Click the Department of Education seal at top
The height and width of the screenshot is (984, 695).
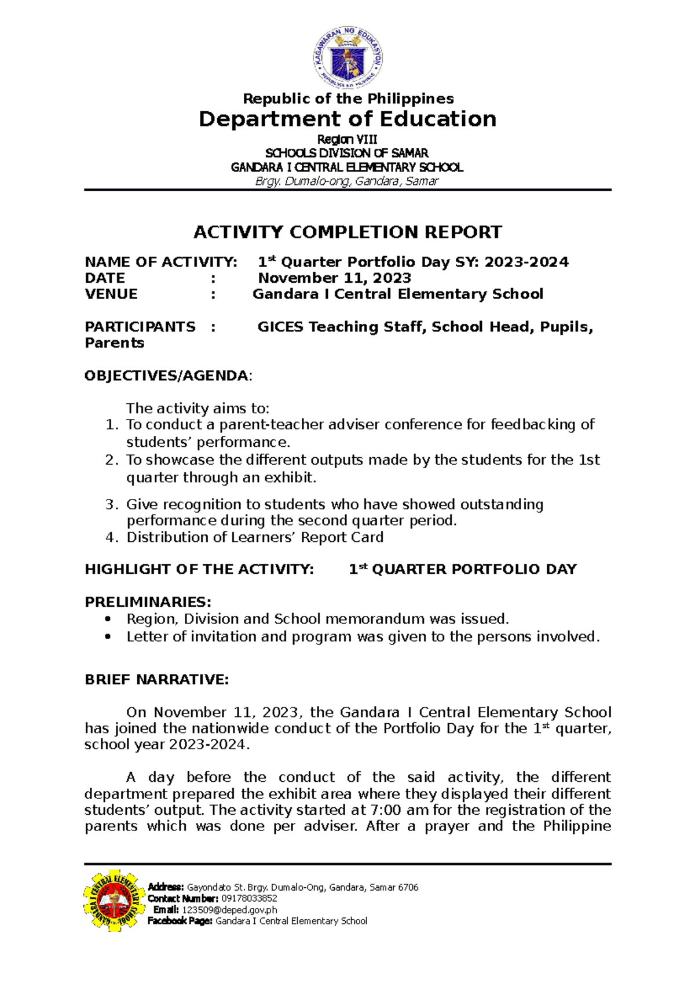[348, 59]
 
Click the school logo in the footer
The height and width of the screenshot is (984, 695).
[114, 900]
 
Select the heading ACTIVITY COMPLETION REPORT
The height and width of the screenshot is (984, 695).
[348, 232]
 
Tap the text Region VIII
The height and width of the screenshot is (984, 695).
[348, 140]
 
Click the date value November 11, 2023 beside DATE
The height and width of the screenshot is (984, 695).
[335, 278]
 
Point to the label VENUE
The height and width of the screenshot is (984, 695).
[111, 294]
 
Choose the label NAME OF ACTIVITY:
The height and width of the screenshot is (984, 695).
[161, 263]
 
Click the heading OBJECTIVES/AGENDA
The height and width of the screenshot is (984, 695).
[167, 376]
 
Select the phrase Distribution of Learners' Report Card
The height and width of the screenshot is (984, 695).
[255, 537]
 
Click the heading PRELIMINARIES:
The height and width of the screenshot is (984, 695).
[148, 602]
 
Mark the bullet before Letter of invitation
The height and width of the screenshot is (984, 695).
[107, 637]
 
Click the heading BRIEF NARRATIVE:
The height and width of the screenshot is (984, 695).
[157, 680]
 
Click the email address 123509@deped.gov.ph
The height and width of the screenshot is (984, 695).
[229, 910]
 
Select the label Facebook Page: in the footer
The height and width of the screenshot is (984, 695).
[180, 921]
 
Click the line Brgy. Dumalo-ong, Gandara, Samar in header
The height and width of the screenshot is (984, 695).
[348, 181]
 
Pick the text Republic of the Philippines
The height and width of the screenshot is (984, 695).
[348, 99]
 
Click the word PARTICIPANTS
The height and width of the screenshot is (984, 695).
[140, 327]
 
